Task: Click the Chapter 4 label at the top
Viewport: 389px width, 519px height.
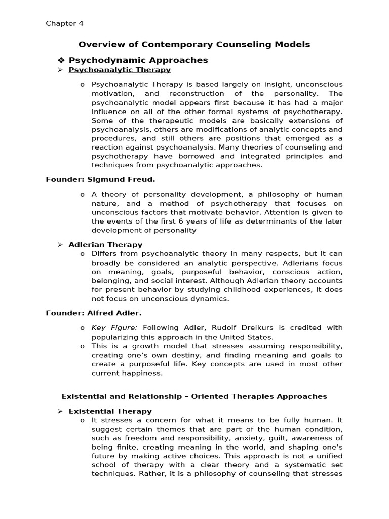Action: [64, 23]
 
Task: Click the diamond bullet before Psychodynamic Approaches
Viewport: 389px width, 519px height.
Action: [62, 60]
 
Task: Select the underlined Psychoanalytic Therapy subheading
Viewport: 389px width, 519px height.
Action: [120, 70]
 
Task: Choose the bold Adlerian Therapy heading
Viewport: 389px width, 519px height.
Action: [105, 245]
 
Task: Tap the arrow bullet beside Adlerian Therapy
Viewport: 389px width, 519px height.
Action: [60, 245]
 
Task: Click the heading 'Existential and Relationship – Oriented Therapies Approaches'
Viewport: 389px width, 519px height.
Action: [194, 396]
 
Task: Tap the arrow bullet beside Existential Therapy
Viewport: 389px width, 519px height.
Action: [60, 411]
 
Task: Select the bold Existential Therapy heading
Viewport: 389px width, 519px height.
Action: [110, 411]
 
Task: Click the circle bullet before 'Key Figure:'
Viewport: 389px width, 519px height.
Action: [82, 328]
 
